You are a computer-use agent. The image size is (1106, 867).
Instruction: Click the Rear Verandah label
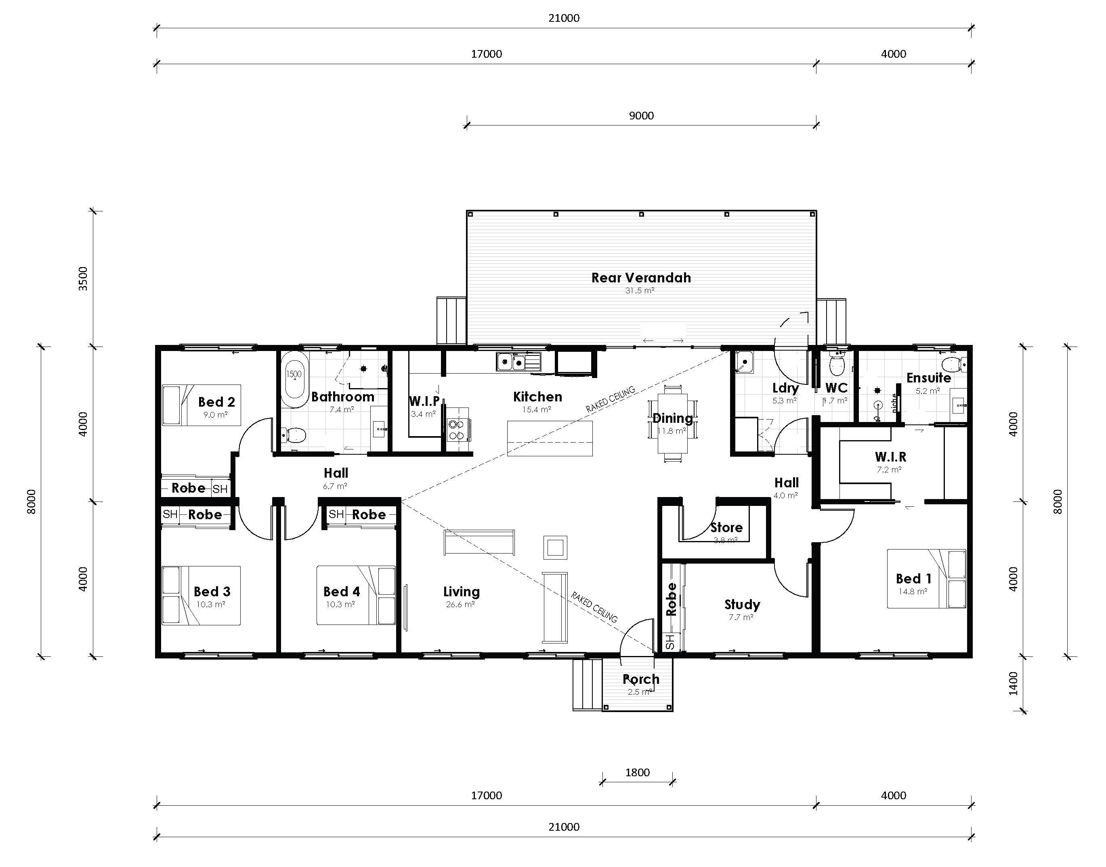641,278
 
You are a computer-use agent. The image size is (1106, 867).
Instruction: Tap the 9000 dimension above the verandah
641,116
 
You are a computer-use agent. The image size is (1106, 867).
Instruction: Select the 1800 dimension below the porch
637,772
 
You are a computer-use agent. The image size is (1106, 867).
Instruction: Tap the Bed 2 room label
216,402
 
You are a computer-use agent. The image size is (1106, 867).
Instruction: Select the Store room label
726,527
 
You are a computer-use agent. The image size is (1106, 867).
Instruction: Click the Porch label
641,679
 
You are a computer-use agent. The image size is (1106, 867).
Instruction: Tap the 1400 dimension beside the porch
1014,683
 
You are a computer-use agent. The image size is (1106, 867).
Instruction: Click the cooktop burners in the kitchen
456,430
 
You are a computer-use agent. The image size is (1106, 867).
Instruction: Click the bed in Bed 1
926,579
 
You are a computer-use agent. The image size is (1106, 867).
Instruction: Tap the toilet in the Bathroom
294,435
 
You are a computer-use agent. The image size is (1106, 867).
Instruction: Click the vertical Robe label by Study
671,600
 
